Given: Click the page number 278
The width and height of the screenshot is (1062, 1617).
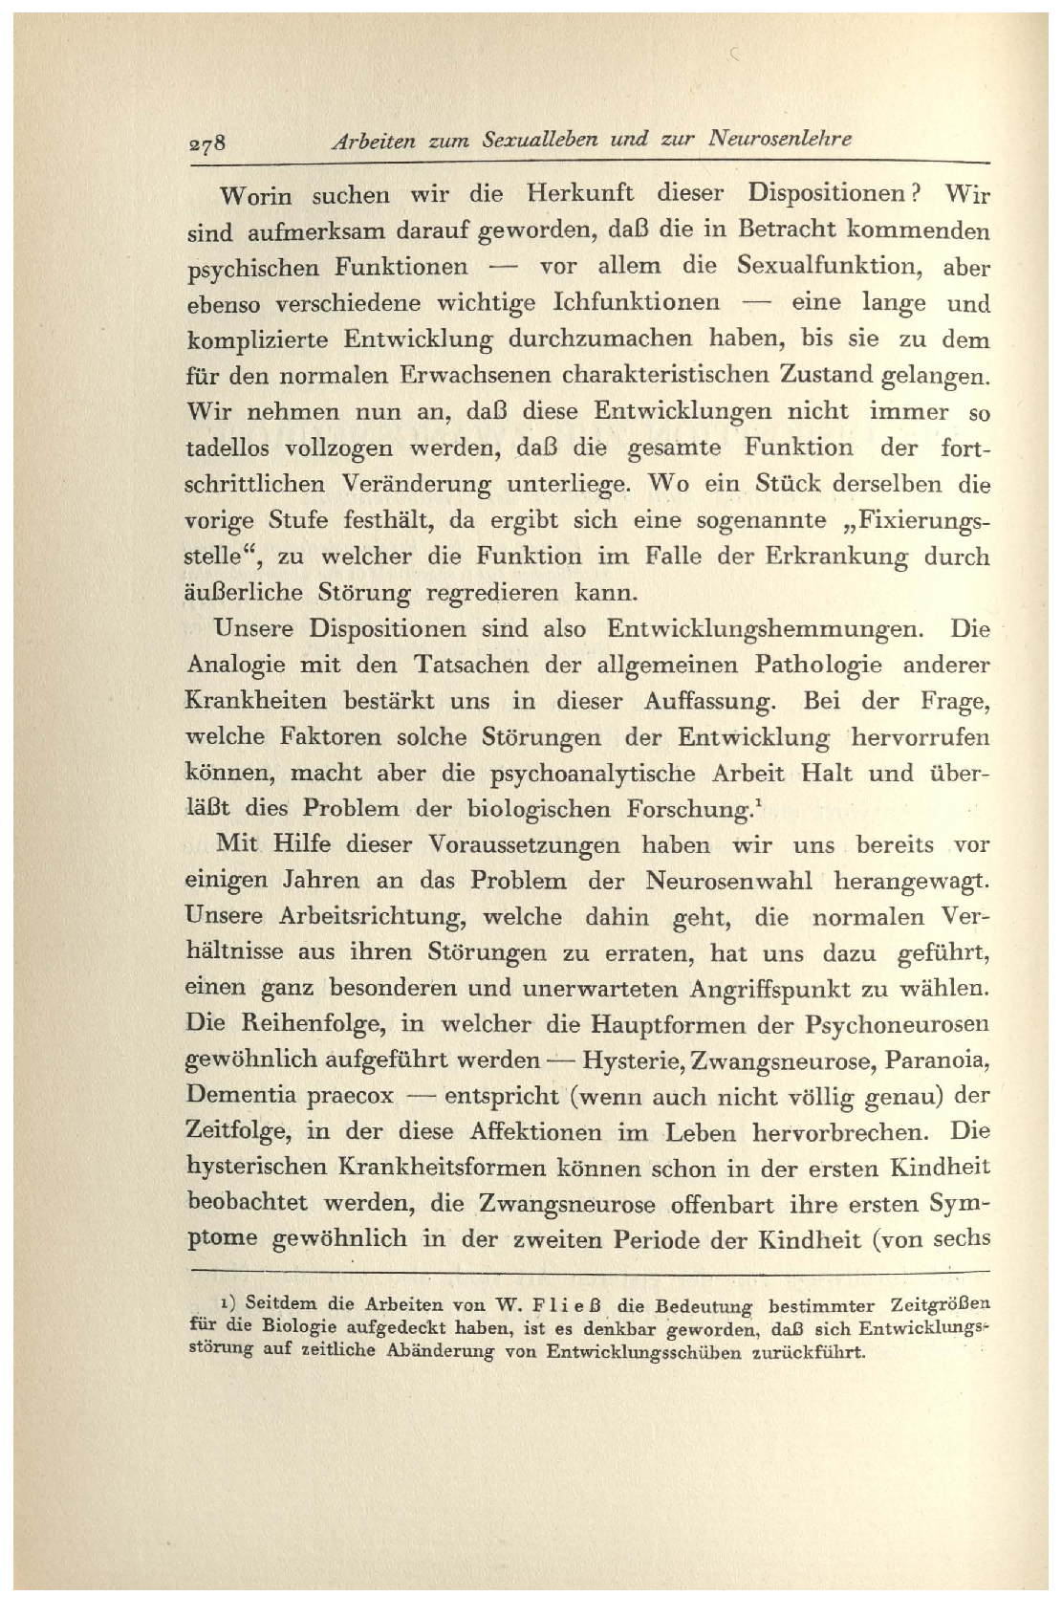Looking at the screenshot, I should coord(205,143).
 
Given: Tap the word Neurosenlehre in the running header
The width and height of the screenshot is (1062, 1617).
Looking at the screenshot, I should coord(780,139).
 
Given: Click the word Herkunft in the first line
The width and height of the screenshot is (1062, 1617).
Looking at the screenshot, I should coord(580,193).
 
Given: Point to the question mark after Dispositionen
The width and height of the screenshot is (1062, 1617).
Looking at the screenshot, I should coord(914,193).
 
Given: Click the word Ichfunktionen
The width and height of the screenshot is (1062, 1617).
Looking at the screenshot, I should coord(637,302).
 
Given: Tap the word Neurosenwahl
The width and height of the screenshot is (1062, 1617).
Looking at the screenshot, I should coord(728,880).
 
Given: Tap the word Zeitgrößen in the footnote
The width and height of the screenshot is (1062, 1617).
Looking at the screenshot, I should coord(940,1304).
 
